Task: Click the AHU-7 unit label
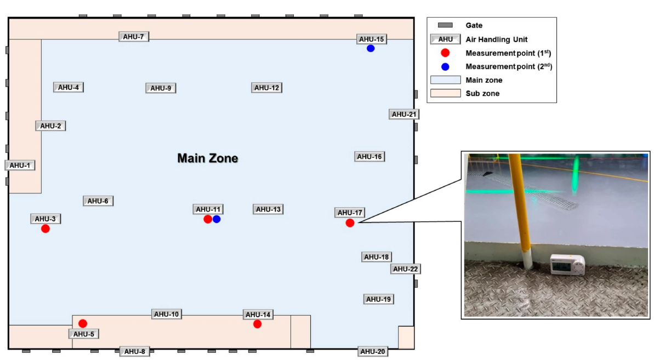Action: [134, 37]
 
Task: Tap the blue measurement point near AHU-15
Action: [371, 48]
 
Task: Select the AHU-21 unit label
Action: [405, 114]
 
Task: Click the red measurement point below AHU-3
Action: [45, 228]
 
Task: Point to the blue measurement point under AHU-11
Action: [217, 219]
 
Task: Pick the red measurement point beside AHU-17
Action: [350, 222]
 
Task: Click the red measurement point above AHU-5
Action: [83, 323]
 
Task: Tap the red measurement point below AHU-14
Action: [257, 324]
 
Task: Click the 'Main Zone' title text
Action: [207, 158]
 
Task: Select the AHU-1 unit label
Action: [20, 165]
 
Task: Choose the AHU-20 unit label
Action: [373, 351]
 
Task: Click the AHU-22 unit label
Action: [406, 269]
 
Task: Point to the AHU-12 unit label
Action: [267, 88]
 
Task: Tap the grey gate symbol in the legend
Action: [445, 25]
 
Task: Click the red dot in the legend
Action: [445, 53]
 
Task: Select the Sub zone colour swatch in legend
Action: [445, 94]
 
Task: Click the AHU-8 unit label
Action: [134, 352]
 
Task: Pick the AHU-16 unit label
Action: [369, 157]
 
